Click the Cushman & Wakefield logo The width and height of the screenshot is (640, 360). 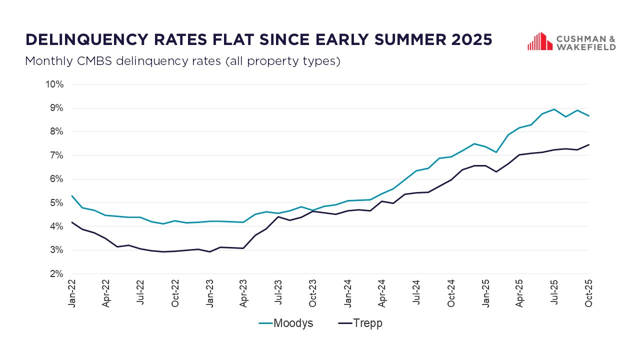(x=571, y=41)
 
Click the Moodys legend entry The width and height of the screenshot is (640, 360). (x=286, y=323)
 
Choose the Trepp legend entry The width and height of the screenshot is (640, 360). (x=360, y=323)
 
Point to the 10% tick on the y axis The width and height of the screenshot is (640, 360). (x=54, y=84)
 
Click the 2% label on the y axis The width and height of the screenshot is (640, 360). (x=56, y=274)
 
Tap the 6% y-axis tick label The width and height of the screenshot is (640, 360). (x=56, y=179)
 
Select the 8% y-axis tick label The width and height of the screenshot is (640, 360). (x=56, y=131)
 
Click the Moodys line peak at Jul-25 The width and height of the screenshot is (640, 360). (x=554, y=109)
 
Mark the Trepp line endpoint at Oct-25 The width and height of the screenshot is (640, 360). (x=589, y=144)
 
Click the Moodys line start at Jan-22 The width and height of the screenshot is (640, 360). (x=72, y=195)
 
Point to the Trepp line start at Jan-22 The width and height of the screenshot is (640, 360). (x=72, y=222)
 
